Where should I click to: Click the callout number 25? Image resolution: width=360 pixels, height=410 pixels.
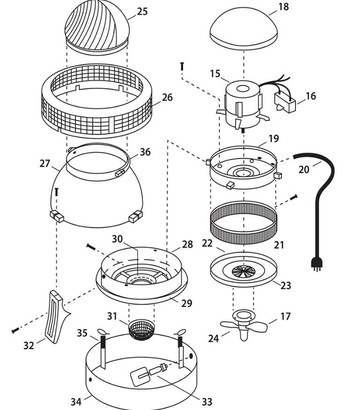(142, 11)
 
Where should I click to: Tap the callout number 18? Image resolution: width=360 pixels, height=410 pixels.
(284, 7)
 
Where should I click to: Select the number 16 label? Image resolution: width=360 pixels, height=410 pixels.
(310, 96)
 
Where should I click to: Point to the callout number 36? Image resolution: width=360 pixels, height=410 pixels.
(145, 152)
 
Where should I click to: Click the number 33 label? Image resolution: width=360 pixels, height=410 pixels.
(207, 402)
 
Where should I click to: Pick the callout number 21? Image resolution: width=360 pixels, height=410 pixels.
(279, 245)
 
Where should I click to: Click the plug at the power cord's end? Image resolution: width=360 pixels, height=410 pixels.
(316, 264)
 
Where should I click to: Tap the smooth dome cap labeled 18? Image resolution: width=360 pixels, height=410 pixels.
(243, 28)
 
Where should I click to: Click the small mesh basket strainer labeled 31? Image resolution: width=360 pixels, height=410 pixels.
(141, 330)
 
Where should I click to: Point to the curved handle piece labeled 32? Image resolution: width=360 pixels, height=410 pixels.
(57, 317)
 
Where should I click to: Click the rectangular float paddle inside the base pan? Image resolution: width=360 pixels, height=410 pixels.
(139, 376)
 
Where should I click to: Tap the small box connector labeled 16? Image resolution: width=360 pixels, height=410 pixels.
(285, 103)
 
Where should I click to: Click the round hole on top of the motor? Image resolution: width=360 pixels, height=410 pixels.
(243, 88)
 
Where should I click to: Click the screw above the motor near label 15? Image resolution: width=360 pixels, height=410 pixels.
(182, 66)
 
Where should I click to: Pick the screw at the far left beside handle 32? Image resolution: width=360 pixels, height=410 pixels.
(15, 331)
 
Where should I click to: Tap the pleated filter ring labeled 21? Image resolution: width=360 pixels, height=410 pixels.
(243, 223)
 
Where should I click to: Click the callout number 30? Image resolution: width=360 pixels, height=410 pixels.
(117, 239)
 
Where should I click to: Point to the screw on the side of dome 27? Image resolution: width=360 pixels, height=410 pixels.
(57, 192)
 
